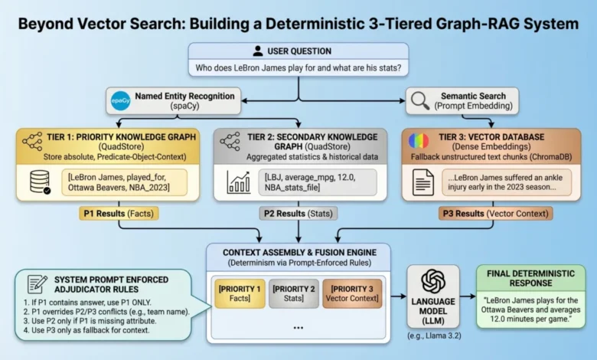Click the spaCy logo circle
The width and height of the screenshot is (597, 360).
click(119, 100)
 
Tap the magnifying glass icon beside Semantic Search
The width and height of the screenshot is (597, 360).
click(420, 100)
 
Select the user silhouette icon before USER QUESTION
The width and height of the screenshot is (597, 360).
click(258, 51)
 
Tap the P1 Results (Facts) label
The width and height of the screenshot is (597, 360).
click(119, 214)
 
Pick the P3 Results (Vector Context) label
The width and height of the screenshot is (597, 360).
click(485, 214)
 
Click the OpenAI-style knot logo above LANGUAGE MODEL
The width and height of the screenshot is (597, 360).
click(434, 282)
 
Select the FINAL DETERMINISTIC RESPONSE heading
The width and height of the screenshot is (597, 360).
click(530, 277)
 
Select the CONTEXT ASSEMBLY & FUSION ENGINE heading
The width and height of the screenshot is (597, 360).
click(298, 254)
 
